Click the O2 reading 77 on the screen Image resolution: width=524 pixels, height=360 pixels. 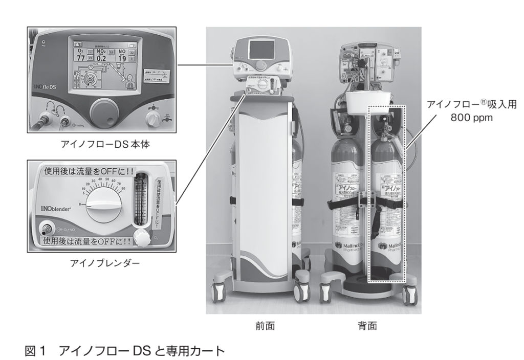point(80,57)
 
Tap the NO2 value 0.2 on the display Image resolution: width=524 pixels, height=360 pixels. point(102,57)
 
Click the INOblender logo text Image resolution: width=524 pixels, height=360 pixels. point(54,211)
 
